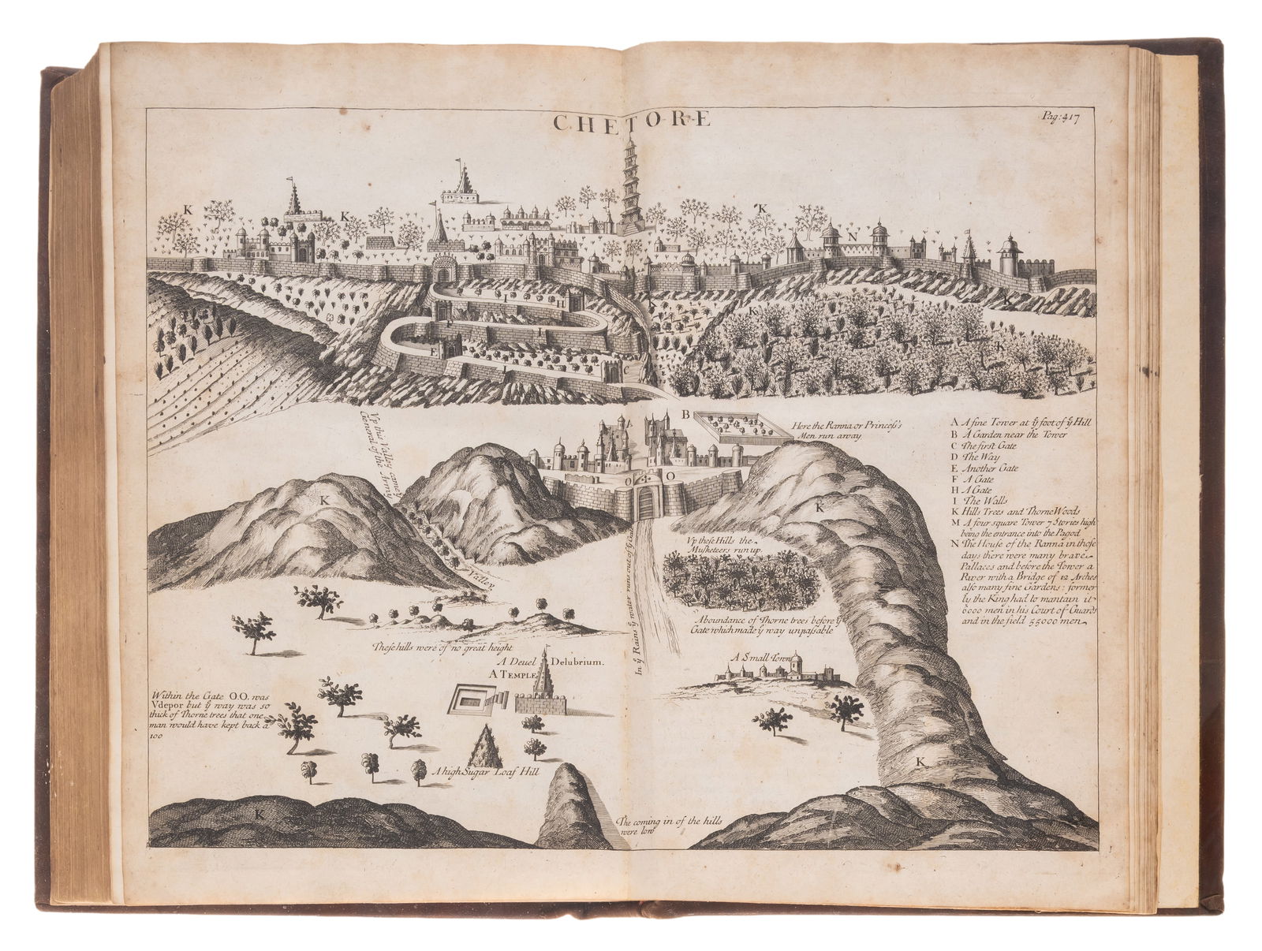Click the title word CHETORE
[x=629, y=121]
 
